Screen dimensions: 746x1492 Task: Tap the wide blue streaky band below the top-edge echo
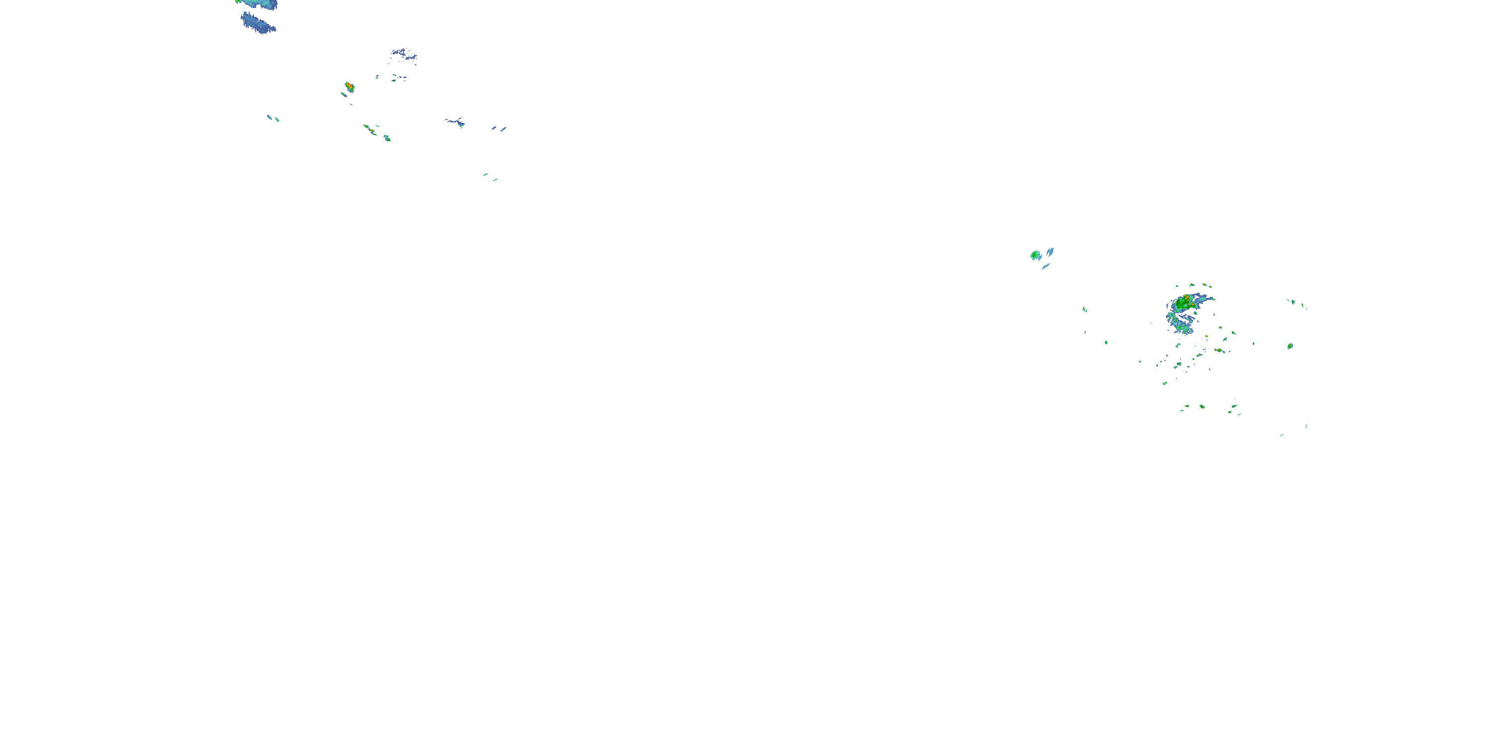[x=258, y=24]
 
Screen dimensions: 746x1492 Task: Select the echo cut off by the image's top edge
[x=258, y=3]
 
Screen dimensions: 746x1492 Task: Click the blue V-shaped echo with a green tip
[x=457, y=122]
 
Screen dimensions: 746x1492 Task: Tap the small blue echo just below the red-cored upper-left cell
[x=344, y=94]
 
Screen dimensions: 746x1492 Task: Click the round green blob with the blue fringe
[x=1034, y=255]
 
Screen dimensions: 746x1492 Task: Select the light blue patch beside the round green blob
[x=1050, y=252]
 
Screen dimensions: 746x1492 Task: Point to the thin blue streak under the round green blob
[x=1046, y=267]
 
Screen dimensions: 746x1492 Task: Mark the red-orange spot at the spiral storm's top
[x=1186, y=297]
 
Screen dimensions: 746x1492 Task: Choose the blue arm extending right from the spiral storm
[x=1206, y=299]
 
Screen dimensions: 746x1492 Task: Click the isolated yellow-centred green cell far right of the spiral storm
[x=1290, y=346]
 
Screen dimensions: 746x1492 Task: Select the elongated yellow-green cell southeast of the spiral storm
[x=1218, y=351]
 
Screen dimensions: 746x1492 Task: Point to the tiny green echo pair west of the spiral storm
[x=1085, y=310]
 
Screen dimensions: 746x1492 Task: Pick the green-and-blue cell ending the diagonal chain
[x=387, y=138]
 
